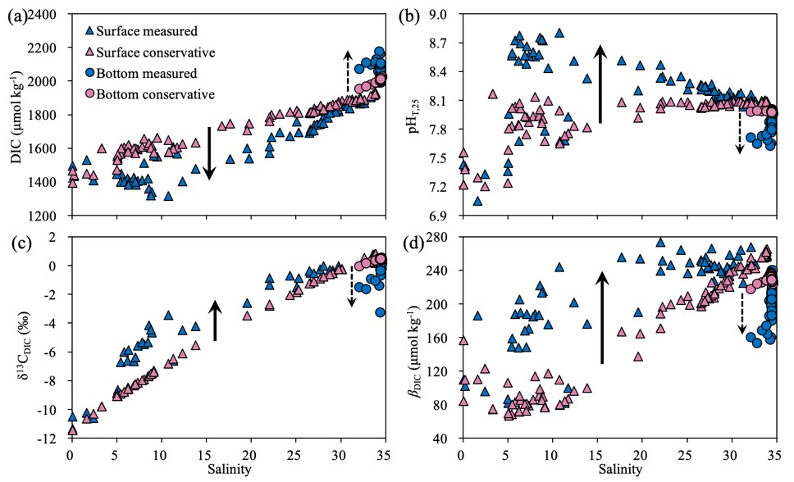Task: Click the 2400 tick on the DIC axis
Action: (x=49, y=15)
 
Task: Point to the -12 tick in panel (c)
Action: (x=52, y=439)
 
